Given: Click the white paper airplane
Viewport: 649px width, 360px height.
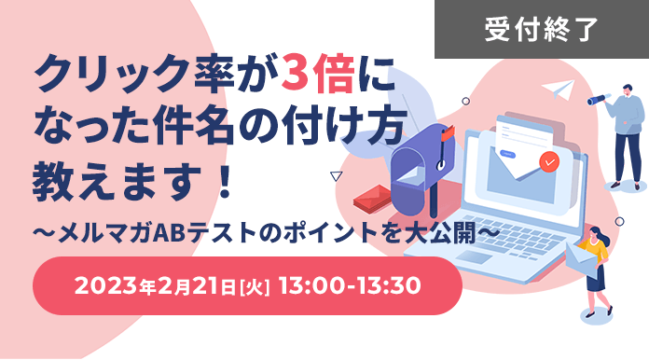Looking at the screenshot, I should point(560,89).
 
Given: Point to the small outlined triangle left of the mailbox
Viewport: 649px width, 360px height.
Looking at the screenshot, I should point(336,174).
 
